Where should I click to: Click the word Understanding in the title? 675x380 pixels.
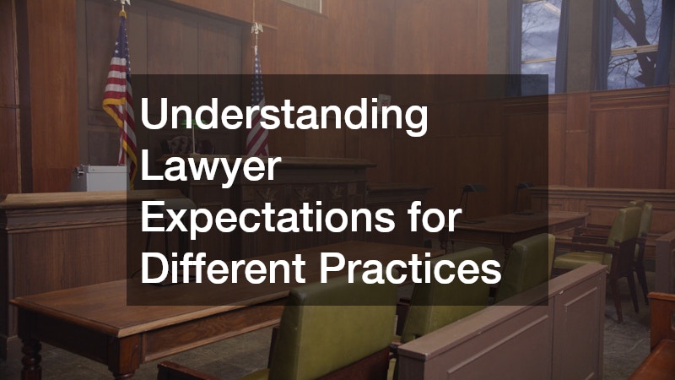point(283,114)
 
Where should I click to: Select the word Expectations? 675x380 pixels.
point(267,218)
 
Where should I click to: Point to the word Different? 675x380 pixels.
point(223,268)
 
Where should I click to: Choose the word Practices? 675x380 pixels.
point(410,268)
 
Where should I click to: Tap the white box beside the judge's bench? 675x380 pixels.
point(99,177)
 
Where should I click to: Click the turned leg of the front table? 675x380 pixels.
point(31,358)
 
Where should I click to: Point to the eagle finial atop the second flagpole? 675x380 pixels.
point(257,28)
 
